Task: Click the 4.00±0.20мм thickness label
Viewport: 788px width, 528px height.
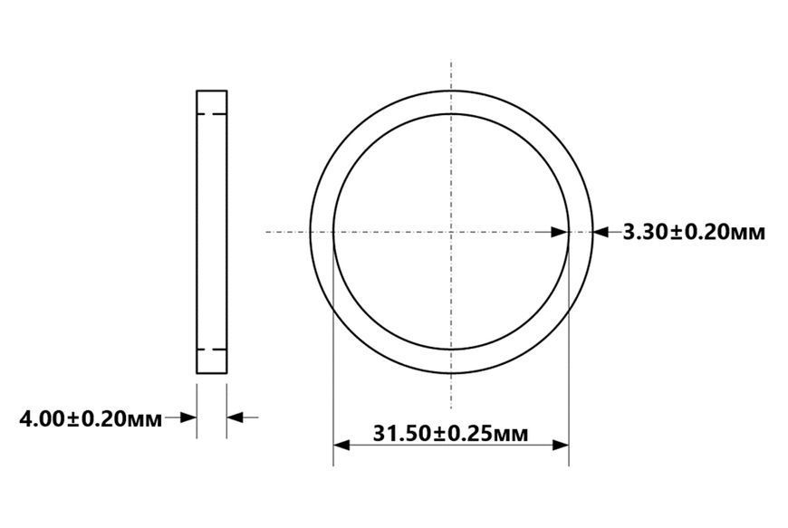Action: coord(91,418)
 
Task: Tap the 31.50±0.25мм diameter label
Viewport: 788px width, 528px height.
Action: coord(450,433)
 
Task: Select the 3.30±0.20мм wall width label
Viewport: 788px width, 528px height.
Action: coord(694,232)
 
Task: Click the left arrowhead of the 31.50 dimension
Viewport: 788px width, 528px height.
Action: coord(341,445)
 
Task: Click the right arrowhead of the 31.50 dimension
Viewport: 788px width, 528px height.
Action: coord(561,445)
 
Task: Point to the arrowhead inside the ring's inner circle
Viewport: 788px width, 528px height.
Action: coord(560,232)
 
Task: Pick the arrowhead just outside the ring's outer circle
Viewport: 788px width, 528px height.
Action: coord(601,232)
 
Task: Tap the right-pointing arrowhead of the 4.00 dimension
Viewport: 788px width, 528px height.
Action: coord(188,418)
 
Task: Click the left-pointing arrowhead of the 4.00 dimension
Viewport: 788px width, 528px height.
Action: coord(235,418)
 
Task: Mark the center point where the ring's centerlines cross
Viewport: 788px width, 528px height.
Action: coord(451,232)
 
